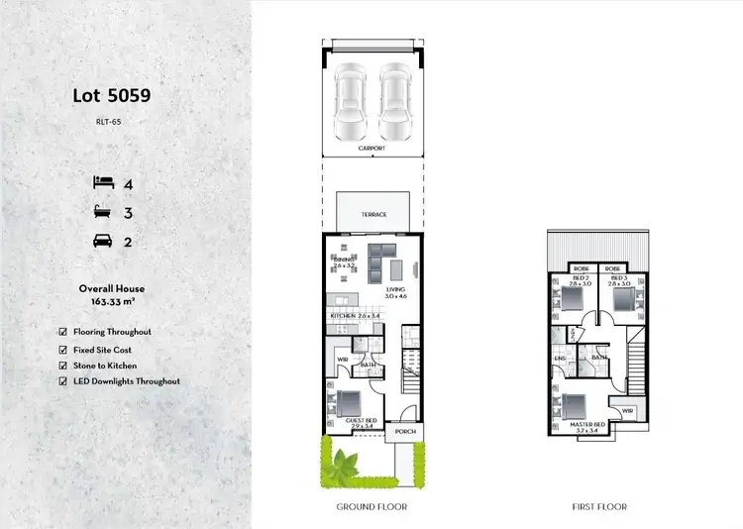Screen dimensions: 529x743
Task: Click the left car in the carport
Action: click(351, 103)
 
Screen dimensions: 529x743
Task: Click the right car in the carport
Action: click(393, 103)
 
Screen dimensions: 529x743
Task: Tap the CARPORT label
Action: click(372, 150)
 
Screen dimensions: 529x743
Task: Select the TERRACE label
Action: click(372, 214)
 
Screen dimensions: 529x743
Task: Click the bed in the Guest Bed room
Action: click(349, 404)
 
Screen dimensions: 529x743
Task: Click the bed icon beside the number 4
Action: click(103, 182)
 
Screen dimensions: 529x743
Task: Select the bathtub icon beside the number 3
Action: click(103, 212)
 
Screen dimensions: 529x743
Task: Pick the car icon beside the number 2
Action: click(103, 241)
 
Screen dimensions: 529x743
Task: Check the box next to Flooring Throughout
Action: click(64, 332)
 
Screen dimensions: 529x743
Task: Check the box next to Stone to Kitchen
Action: click(64, 366)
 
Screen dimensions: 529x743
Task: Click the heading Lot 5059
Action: click(112, 96)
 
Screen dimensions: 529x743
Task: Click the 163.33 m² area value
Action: click(112, 301)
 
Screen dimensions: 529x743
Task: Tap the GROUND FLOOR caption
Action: click(372, 506)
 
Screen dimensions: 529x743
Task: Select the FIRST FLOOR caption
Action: click(599, 506)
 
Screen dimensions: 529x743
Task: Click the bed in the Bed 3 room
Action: click(622, 300)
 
